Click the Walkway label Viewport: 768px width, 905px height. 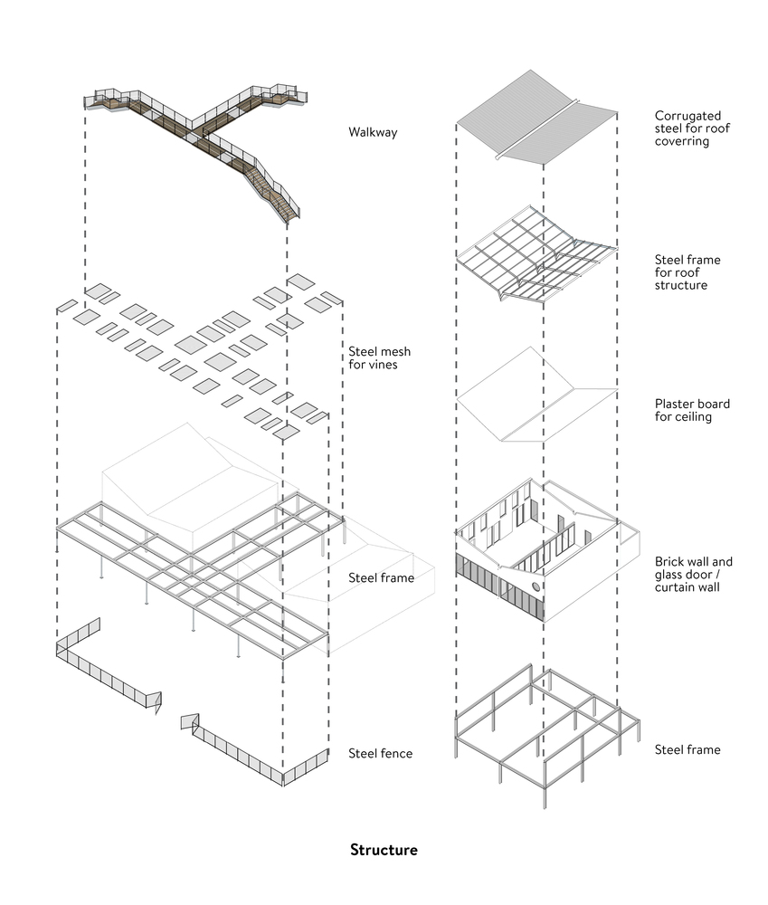pos(373,133)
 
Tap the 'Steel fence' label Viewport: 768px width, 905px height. pos(381,753)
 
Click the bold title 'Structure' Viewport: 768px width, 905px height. pos(384,850)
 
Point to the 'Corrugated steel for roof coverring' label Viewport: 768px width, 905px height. pos(693,129)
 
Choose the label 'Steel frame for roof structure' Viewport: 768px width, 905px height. pos(688,272)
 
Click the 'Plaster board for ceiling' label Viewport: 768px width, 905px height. pos(692,410)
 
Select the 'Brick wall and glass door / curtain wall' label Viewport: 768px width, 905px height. pos(694,574)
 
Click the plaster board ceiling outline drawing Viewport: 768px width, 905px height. pos(537,398)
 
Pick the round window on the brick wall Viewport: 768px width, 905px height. pos(536,588)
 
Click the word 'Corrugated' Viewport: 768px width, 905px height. pos(688,116)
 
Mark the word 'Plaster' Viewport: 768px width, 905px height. pos(676,404)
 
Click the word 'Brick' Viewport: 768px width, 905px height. pos(670,561)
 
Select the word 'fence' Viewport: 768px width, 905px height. pos(396,753)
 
